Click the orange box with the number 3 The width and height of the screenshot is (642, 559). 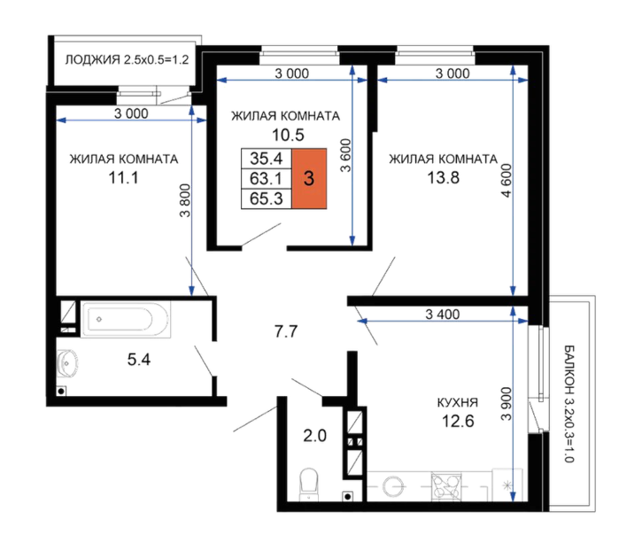point(309,179)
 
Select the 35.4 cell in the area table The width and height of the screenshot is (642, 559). point(267,159)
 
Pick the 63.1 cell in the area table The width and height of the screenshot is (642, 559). point(267,179)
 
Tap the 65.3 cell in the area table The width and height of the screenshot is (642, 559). point(267,198)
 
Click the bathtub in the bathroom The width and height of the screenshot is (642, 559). point(125,320)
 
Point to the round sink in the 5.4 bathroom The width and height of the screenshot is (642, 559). point(67,362)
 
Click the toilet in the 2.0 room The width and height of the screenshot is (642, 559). point(309,485)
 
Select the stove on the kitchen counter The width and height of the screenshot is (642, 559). point(446,486)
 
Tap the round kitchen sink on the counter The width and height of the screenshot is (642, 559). point(394,486)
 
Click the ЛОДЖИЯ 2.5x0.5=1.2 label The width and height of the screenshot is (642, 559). point(127,59)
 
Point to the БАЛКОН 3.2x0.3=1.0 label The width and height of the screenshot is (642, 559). point(569,404)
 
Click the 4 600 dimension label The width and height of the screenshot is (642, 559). point(507,181)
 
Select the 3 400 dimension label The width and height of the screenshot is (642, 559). point(443,314)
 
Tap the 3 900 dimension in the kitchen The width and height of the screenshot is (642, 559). point(507,404)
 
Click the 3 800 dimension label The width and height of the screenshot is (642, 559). point(185,201)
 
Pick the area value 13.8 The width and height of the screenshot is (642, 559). point(444,178)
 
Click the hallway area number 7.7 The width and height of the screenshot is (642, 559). point(286,331)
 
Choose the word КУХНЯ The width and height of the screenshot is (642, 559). point(458,402)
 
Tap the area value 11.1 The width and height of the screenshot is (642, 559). point(123,178)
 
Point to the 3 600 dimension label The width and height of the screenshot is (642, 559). point(346,155)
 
